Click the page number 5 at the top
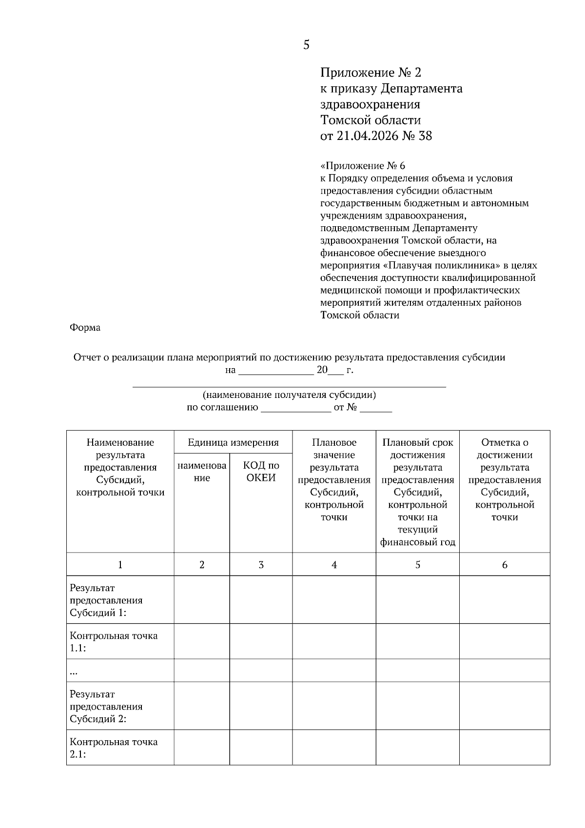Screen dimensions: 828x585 coord(306,45)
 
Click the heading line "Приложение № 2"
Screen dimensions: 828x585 coord(370,73)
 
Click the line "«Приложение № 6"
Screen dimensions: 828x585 coord(363,166)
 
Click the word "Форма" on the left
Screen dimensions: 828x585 coord(85,328)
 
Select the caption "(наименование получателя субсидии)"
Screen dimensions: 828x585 coord(289,394)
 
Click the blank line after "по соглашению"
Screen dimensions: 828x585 coord(296,409)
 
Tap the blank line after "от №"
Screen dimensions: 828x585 coord(375,409)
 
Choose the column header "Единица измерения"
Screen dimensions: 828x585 coord(233,442)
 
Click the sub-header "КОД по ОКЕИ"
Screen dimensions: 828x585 coord(261,472)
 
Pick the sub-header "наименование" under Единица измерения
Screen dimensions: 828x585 coord(202,472)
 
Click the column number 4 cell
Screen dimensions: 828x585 coord(334,565)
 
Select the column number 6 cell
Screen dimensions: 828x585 coord(505,565)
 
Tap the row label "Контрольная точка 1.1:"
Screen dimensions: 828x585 coord(113,642)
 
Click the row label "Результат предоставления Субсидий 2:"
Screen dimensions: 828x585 coord(106,706)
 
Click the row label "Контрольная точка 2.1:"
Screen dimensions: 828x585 coord(113,748)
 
